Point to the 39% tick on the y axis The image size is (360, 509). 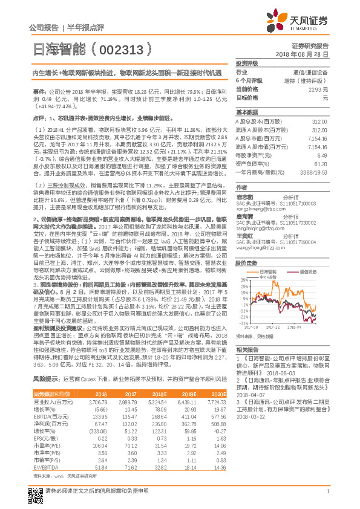pyautogui.click(x=243, y=279)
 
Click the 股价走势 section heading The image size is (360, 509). pyautogui.click(x=247, y=264)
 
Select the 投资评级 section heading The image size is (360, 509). pyautogui.click(x=247, y=63)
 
